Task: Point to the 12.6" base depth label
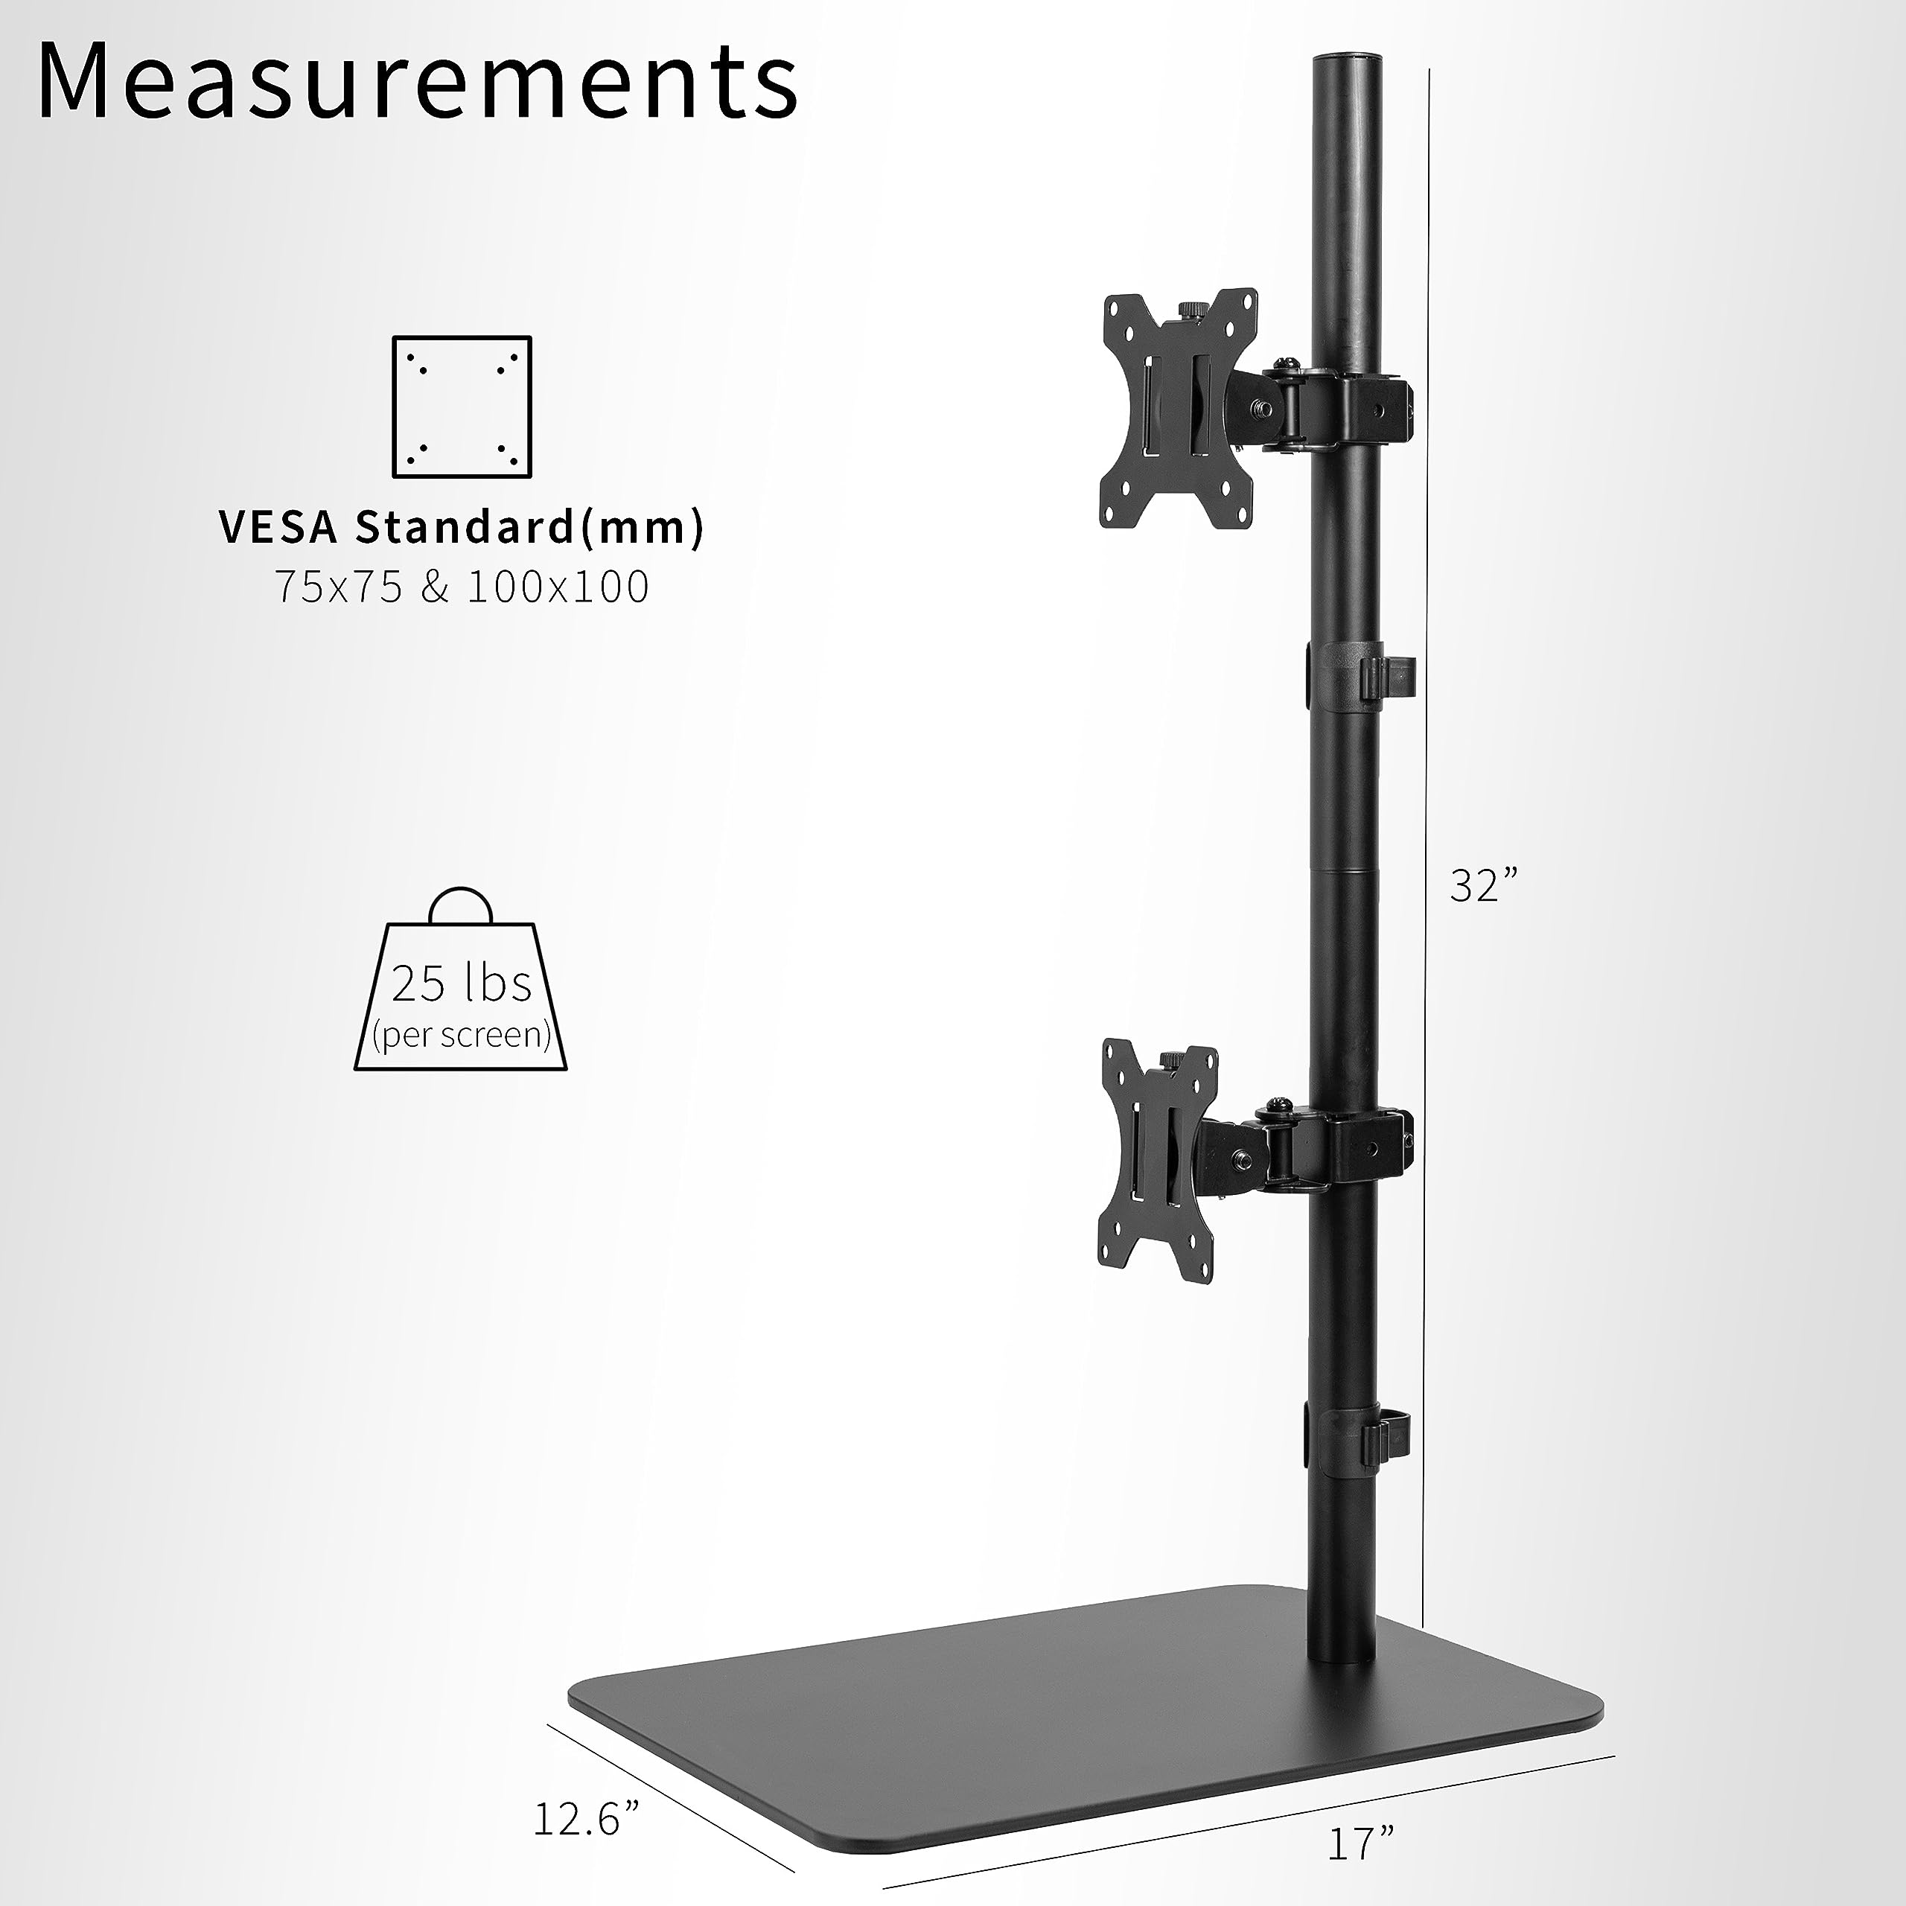pos(587,1793)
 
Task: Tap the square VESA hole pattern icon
pos(462,407)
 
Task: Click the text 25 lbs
pos(461,984)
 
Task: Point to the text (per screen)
pos(461,1035)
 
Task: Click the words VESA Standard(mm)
pos(462,528)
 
